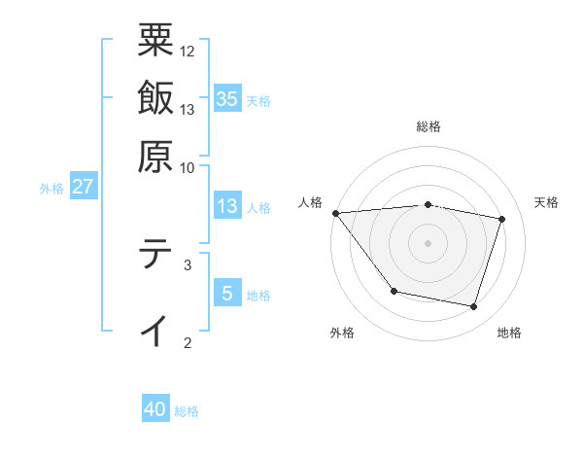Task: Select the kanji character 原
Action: (x=155, y=156)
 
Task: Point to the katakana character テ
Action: (x=155, y=255)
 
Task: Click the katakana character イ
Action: (x=155, y=330)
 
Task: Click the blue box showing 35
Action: (x=226, y=98)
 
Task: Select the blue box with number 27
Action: (x=83, y=187)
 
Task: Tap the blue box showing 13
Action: (x=226, y=206)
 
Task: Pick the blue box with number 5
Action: (x=226, y=293)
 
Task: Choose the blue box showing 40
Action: (x=155, y=409)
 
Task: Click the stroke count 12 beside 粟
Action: (x=188, y=51)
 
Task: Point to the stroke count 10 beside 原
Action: (x=188, y=167)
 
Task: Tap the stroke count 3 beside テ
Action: (x=188, y=264)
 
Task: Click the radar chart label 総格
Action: (x=428, y=126)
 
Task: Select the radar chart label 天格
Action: (x=546, y=202)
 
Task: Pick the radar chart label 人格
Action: (x=311, y=202)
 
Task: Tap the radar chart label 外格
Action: (x=341, y=334)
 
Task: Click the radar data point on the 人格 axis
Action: (x=335, y=213)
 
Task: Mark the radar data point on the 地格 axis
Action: (x=473, y=306)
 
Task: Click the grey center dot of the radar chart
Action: (x=428, y=243)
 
